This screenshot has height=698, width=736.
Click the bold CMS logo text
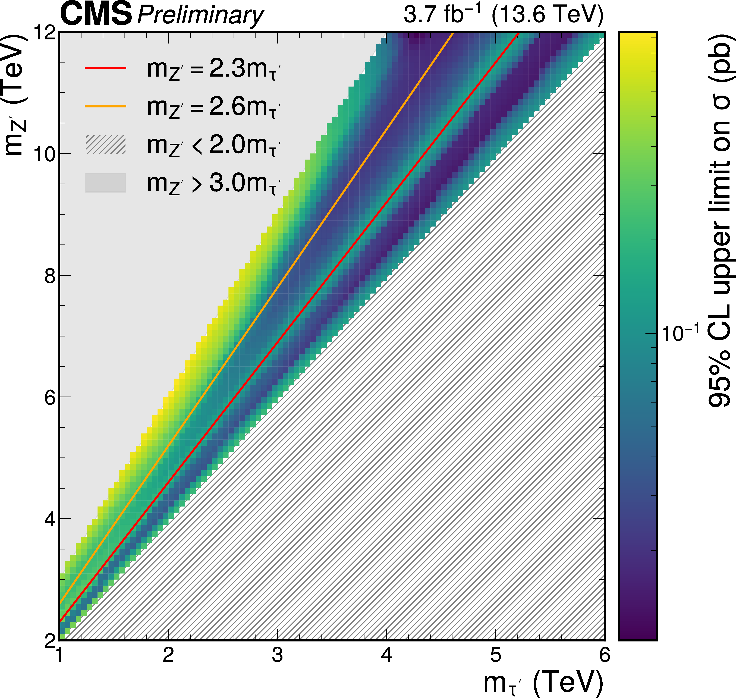(96, 14)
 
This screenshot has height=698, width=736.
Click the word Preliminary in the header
(200, 16)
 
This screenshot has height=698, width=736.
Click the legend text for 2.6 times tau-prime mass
(213, 107)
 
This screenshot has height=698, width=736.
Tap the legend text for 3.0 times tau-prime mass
(213, 183)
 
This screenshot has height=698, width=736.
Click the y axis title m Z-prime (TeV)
(15, 95)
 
